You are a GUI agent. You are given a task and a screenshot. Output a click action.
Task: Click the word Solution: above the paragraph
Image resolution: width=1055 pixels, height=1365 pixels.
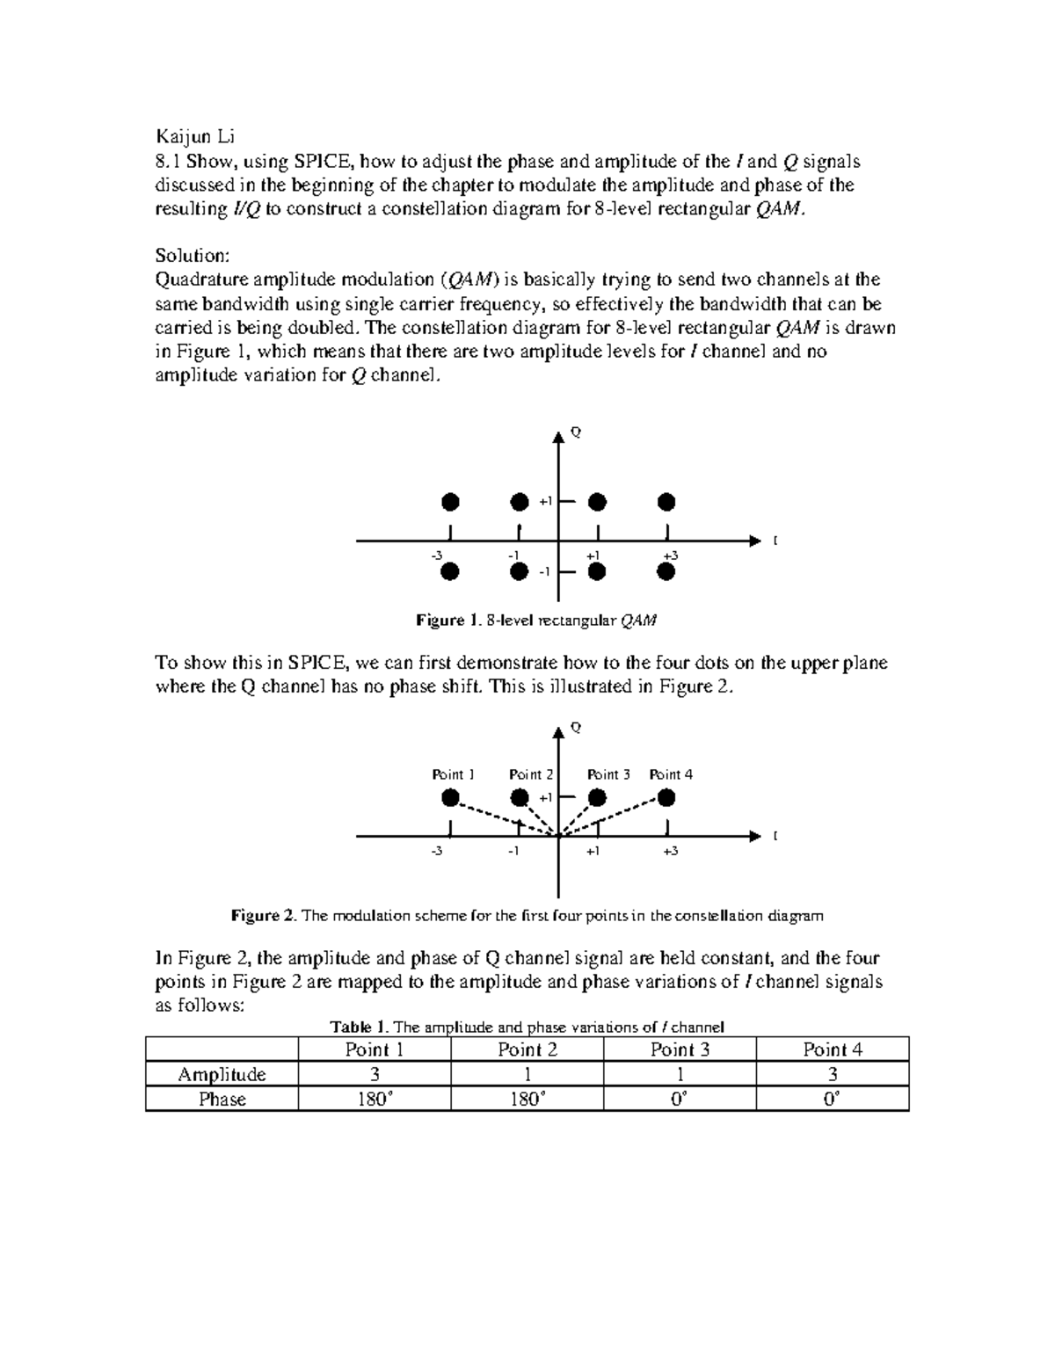pyautogui.click(x=193, y=256)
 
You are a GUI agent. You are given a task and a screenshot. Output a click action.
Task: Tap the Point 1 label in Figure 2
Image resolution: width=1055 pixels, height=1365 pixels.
pyautogui.click(x=453, y=774)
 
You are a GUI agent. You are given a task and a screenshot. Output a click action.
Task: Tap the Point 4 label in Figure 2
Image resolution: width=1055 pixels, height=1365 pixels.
pyautogui.click(x=671, y=774)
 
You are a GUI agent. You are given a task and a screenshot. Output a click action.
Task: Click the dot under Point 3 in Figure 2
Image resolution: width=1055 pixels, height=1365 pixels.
pyautogui.click(x=597, y=798)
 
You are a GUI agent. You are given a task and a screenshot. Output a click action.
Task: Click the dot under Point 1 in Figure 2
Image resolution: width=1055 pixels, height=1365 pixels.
pyautogui.click(x=450, y=798)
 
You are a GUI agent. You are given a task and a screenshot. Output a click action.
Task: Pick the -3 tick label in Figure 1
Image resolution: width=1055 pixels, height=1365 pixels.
pyautogui.click(x=437, y=555)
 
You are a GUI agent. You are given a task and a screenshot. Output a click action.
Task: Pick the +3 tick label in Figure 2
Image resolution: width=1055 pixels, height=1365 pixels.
pyautogui.click(x=670, y=851)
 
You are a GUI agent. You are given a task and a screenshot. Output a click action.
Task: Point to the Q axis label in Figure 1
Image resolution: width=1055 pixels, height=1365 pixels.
pyautogui.click(x=576, y=432)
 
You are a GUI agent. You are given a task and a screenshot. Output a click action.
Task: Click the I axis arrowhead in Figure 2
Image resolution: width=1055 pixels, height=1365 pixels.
pyautogui.click(x=753, y=836)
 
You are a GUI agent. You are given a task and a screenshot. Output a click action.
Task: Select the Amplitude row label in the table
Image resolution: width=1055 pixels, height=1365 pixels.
pyautogui.click(x=222, y=1074)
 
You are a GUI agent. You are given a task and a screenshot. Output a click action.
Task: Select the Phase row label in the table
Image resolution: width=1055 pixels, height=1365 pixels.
pyautogui.click(x=222, y=1100)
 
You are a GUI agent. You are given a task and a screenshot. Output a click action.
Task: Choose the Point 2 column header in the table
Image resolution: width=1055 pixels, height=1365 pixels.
pyautogui.click(x=527, y=1049)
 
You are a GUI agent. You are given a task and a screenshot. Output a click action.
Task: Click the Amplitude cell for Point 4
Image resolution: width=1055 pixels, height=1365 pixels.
pyautogui.click(x=832, y=1074)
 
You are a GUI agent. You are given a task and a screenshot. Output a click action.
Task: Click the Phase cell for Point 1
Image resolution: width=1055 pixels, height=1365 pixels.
pyautogui.click(x=375, y=1100)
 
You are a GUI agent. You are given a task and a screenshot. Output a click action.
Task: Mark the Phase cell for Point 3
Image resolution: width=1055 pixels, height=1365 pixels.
pyautogui.click(x=680, y=1100)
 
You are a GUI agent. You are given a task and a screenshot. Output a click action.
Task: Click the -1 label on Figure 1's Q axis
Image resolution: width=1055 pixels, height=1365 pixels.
pyautogui.click(x=544, y=572)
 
